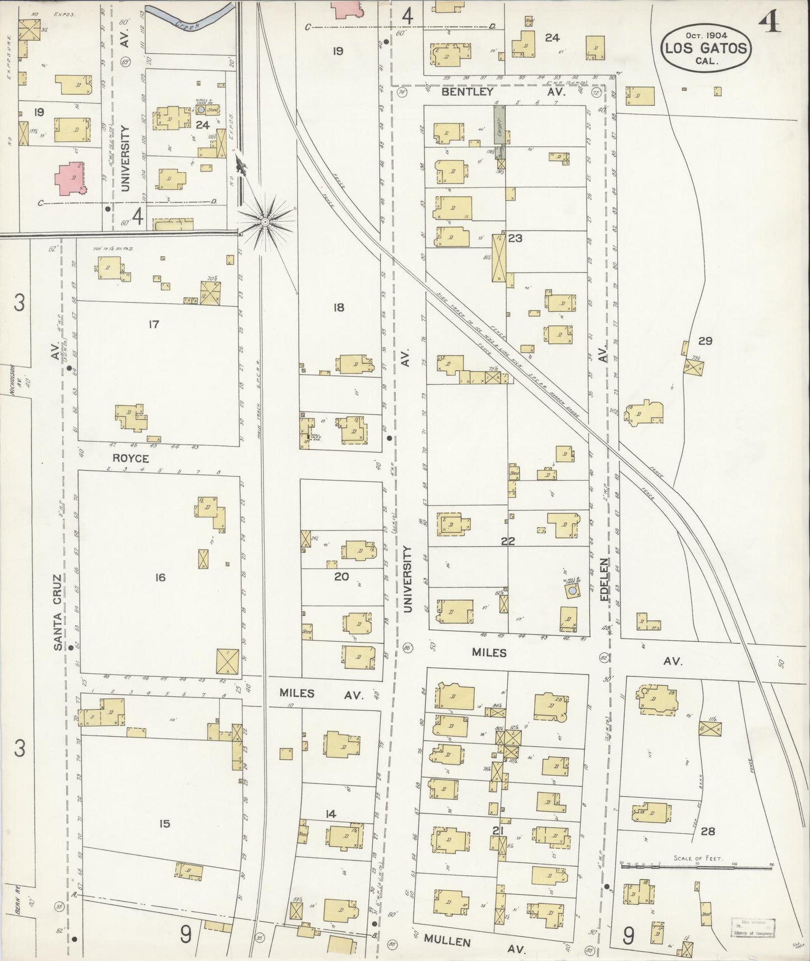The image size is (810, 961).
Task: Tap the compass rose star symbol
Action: [265, 223]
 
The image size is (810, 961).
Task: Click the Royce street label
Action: [131, 458]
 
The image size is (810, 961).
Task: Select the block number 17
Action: [154, 324]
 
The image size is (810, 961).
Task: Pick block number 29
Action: [705, 340]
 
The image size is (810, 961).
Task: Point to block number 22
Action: [508, 542]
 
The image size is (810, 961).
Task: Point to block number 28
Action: [708, 831]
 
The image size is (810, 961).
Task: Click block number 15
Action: [164, 824]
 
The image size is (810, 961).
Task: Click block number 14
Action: [331, 814]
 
